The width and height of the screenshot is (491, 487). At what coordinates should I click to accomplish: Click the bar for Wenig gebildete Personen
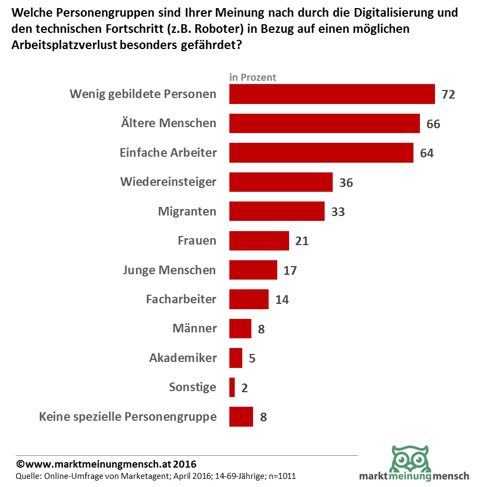[x=332, y=94]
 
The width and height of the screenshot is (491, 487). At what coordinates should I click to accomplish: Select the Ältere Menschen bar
[x=324, y=123]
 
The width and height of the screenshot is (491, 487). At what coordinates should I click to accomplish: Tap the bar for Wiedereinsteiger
[x=280, y=182]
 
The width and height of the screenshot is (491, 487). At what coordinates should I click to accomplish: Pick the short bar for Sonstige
[x=232, y=387]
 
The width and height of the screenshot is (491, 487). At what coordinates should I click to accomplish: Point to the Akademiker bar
[x=236, y=358]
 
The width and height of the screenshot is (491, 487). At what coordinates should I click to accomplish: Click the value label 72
[x=448, y=94]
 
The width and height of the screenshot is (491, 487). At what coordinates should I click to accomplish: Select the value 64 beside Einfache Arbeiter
[x=426, y=153]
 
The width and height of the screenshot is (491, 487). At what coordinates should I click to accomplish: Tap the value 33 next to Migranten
[x=338, y=212]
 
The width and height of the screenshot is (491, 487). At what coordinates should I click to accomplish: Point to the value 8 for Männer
[x=261, y=329]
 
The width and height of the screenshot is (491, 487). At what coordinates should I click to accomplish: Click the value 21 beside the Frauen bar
[x=301, y=241]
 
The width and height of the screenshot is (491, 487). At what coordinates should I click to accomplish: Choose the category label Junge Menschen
[x=170, y=270]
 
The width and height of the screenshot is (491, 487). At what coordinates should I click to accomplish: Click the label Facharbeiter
[x=181, y=299]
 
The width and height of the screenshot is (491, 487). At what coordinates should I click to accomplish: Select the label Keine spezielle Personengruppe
[x=128, y=416]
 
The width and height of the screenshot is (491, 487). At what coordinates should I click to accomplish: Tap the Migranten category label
[x=187, y=211]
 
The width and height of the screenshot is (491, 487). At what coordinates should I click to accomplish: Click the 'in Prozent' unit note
[x=252, y=77]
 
